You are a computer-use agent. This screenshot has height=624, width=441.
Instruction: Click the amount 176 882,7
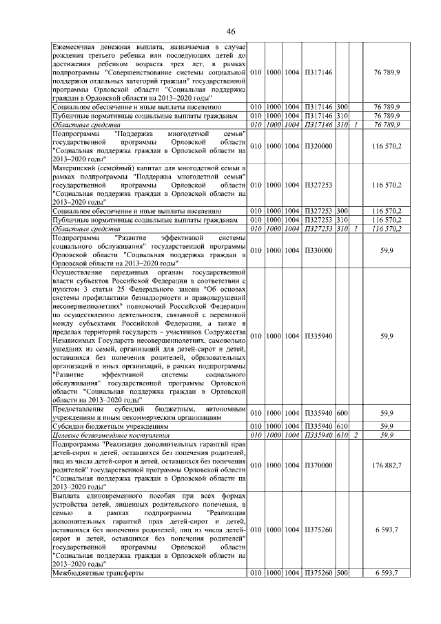point(387,466)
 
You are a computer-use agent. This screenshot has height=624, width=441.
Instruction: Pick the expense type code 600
point(342,412)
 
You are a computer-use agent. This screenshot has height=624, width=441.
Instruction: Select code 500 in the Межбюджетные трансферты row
point(342,574)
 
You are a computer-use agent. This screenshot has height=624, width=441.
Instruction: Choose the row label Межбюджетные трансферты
point(98,574)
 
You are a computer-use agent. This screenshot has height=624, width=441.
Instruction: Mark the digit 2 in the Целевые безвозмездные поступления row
point(356,435)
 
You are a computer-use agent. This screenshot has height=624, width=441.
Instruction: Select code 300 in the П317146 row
point(342,107)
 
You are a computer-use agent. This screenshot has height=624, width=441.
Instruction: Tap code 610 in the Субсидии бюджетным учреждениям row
point(342,426)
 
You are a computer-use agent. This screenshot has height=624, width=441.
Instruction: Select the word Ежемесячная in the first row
point(79,45)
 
